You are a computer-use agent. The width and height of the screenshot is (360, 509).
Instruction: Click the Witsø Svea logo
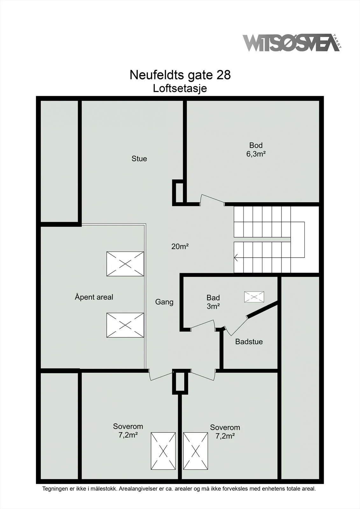(x=292, y=43)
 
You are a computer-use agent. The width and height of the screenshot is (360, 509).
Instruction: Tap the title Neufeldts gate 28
(x=180, y=75)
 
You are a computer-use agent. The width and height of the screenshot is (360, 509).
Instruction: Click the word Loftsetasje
(x=180, y=89)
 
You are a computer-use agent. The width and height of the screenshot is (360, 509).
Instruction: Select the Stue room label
(x=139, y=159)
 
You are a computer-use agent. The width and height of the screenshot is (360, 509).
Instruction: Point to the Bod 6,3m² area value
(x=256, y=154)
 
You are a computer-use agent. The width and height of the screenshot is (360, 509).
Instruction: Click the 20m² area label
(x=180, y=246)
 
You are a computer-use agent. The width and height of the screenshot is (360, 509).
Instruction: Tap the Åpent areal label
(x=94, y=297)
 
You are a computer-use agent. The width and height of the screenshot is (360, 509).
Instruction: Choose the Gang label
(x=164, y=302)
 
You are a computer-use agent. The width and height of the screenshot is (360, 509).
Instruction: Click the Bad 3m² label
(x=213, y=302)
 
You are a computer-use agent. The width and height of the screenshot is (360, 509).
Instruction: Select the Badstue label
(x=249, y=342)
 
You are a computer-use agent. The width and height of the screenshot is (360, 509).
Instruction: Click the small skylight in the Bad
(x=254, y=297)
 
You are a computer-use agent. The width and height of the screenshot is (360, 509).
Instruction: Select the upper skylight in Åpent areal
(x=125, y=264)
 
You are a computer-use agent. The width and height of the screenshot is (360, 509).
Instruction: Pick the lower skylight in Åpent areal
(x=125, y=325)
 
